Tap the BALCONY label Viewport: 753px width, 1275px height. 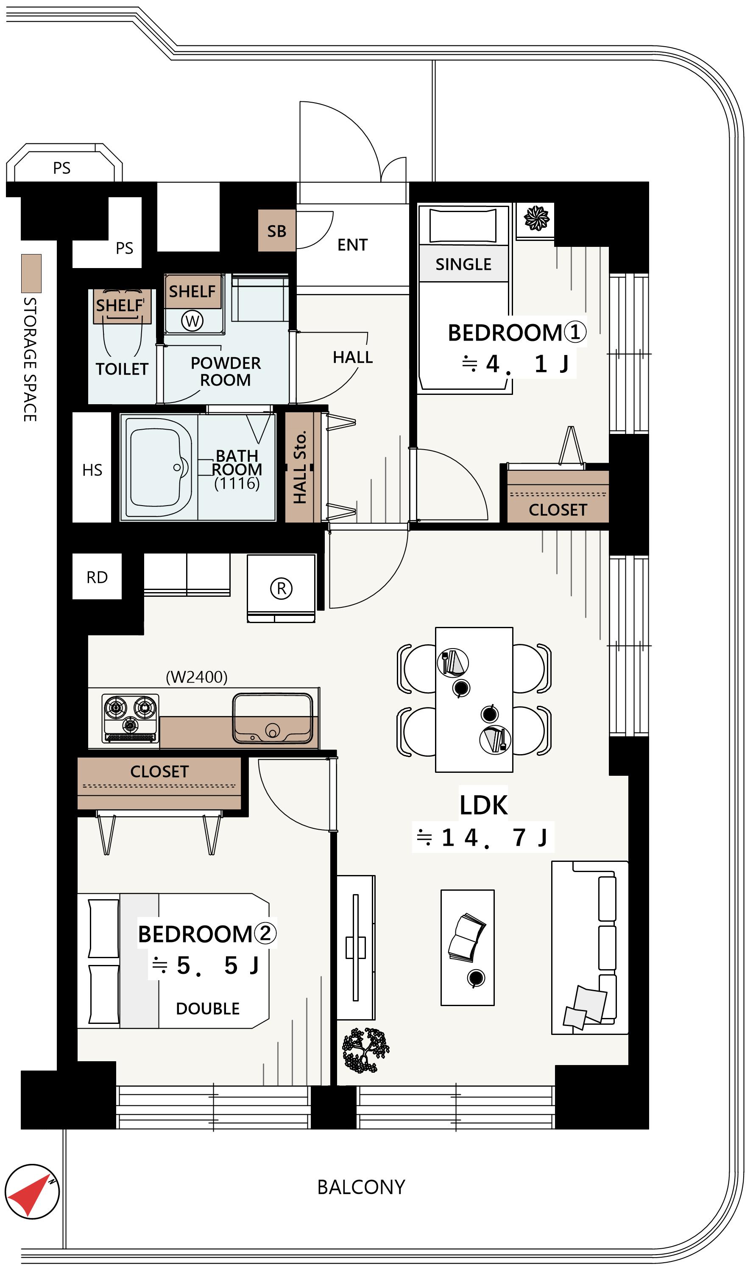pyautogui.click(x=361, y=1188)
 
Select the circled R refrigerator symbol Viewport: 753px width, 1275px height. pyautogui.click(x=281, y=589)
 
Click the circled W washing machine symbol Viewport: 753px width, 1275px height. pyautogui.click(x=192, y=321)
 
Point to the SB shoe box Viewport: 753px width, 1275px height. pyautogui.click(x=277, y=231)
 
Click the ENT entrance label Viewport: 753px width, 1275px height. pyautogui.click(x=353, y=245)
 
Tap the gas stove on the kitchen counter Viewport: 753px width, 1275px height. pyautogui.click(x=131, y=719)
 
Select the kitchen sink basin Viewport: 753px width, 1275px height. pyautogui.click(x=273, y=719)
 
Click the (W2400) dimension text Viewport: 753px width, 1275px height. pyautogui.click(x=197, y=677)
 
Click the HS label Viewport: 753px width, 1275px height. pyautogui.click(x=92, y=470)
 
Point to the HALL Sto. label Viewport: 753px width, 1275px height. pyautogui.click(x=300, y=467)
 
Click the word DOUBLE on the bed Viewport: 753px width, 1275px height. pyautogui.click(x=207, y=1009)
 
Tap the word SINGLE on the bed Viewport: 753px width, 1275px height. pyautogui.click(x=463, y=264)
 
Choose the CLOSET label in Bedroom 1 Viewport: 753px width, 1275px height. pyautogui.click(x=558, y=510)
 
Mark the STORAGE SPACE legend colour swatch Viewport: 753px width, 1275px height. pyautogui.click(x=31, y=274)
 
